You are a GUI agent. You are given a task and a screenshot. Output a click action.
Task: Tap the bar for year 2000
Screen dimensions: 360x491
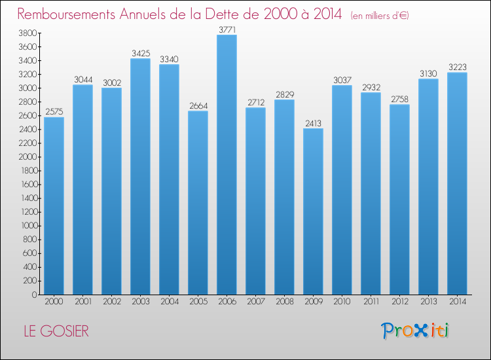tap(54, 206)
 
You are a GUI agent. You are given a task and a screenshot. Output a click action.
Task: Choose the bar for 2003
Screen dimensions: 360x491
tap(140, 177)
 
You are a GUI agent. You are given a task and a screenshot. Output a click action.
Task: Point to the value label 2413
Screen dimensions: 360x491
tap(313, 123)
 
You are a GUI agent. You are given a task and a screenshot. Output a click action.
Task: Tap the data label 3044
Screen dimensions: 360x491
tap(82, 80)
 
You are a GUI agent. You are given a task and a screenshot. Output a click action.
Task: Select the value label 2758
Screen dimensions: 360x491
tap(399, 99)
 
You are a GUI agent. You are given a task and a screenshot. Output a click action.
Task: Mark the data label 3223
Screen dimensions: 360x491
tap(457, 67)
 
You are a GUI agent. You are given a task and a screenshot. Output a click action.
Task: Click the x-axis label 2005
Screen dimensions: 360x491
tap(198, 302)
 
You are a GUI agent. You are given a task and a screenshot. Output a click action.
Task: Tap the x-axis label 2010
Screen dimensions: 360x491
tap(342, 302)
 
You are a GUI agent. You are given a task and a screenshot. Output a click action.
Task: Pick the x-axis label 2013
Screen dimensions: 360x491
tap(428, 302)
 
